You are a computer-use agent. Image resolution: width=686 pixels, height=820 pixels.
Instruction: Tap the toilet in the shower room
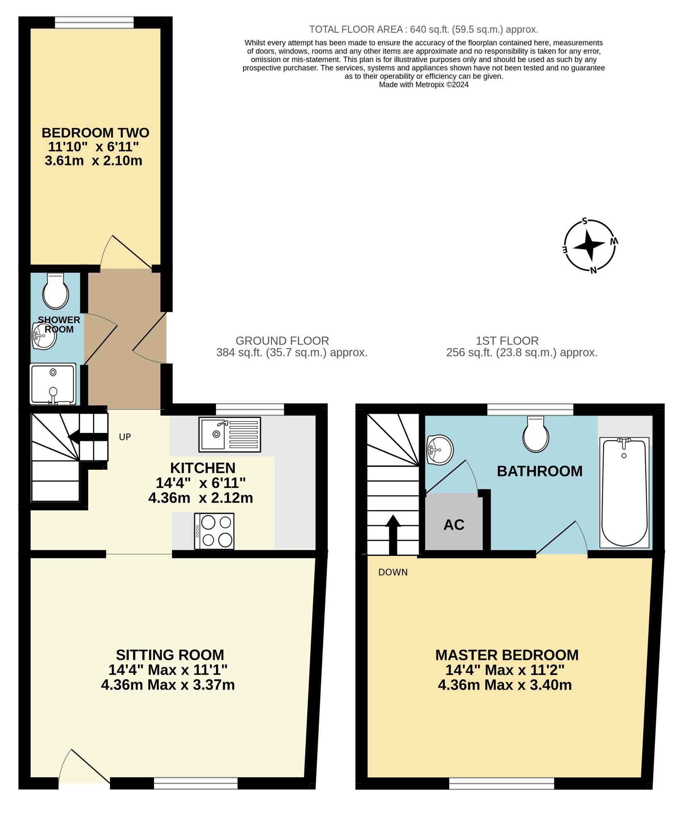coord(55,292)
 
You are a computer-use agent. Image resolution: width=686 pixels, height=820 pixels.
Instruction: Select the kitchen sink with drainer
coord(230,434)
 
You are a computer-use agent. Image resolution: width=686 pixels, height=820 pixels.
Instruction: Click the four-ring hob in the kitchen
coord(214,531)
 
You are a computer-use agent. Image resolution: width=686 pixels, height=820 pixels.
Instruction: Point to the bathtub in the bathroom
coord(624,492)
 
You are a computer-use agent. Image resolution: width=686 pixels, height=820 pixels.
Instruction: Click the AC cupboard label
coord(454,525)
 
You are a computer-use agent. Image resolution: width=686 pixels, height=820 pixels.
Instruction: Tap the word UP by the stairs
coord(125,437)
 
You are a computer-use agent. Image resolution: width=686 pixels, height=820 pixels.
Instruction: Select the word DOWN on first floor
coord(393,572)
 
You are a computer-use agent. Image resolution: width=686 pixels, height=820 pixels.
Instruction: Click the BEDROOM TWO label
coord(95,133)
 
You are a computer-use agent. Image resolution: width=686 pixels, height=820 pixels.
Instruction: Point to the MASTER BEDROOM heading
coord(507,655)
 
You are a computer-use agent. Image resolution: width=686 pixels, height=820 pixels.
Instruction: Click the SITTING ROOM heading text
coord(170,655)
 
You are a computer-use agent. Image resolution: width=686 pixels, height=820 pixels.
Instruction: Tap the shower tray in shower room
coord(53,384)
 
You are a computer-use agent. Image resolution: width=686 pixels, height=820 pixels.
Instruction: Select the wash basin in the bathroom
coord(440,450)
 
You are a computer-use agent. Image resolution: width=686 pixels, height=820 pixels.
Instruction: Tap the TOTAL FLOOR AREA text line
coord(423,30)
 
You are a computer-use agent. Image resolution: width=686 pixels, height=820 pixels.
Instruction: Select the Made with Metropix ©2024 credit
coord(423,85)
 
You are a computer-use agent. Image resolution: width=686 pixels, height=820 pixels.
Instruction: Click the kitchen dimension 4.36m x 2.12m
coord(201,498)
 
